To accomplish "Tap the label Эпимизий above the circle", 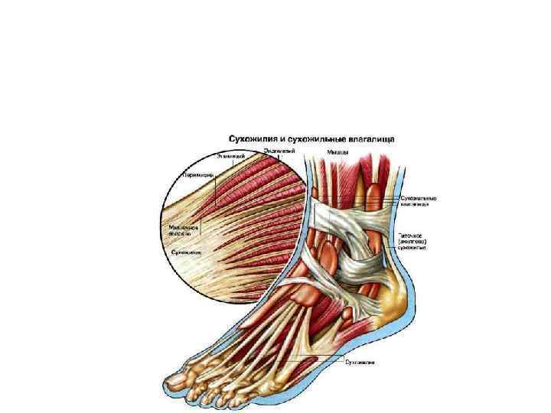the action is (x=230, y=157).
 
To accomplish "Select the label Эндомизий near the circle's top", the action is (x=280, y=151).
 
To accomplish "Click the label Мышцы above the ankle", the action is (x=339, y=152).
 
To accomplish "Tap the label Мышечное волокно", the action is (x=184, y=229).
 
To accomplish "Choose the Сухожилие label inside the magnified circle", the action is (x=185, y=250).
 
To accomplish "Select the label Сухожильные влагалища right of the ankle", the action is (x=417, y=202).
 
